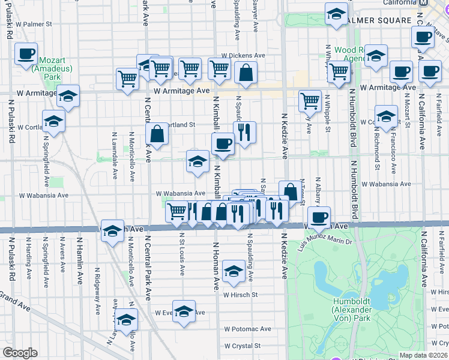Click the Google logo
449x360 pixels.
click(x=20, y=353)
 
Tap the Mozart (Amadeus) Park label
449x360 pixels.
click(x=56, y=69)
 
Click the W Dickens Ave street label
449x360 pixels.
click(x=243, y=55)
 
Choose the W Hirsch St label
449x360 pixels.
click(x=240, y=295)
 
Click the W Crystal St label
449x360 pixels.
click(x=243, y=346)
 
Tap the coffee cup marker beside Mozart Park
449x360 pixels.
click(x=26, y=55)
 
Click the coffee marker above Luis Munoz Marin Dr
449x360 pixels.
click(x=319, y=217)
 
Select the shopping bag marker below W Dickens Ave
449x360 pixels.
click(x=246, y=74)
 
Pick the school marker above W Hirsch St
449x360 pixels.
click(x=233, y=272)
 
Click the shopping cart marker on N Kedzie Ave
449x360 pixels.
click(x=310, y=101)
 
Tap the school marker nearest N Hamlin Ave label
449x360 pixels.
click(x=112, y=232)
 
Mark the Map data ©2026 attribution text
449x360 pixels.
click(x=423, y=355)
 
